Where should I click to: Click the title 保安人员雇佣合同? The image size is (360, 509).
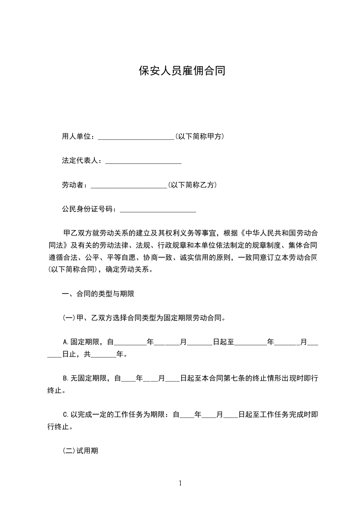pyautogui.click(x=182, y=72)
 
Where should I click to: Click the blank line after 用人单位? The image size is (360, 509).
pyautogui.click(x=136, y=137)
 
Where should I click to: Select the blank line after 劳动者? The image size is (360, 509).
pyautogui.click(x=129, y=186)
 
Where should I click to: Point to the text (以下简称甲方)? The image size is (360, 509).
pyautogui.click(x=199, y=137)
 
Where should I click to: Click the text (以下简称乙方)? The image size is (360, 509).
pyautogui.click(x=192, y=185)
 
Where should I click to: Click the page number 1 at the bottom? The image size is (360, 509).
pyautogui.click(x=180, y=483)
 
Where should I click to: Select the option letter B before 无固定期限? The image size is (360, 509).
pyautogui.click(x=64, y=378)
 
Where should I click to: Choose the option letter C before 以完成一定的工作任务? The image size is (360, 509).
pyautogui.click(x=64, y=415)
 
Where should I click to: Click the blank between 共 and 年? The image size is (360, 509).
pyautogui.click(x=104, y=355)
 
